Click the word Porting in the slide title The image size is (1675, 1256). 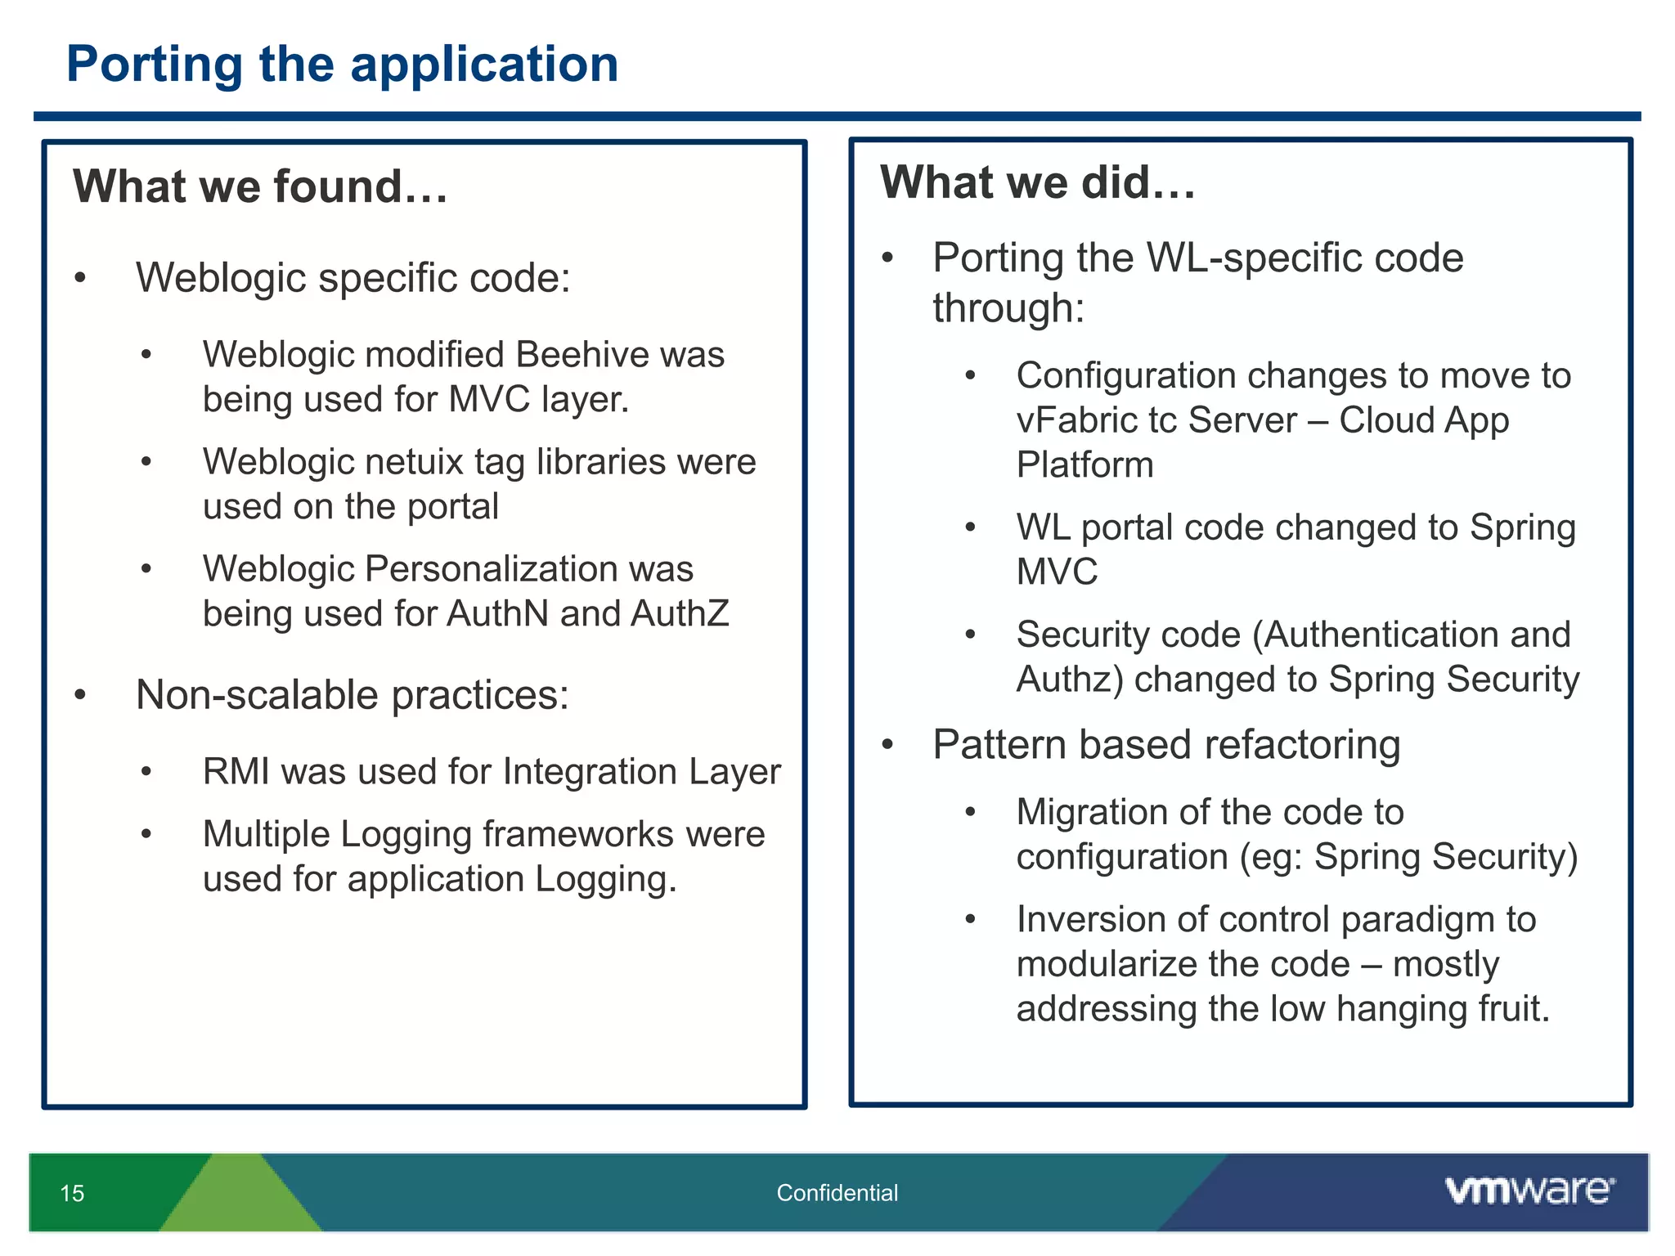tap(155, 65)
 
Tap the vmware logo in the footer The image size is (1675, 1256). tap(1529, 1190)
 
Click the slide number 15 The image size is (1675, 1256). tap(72, 1193)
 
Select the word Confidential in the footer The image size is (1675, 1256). tap(837, 1193)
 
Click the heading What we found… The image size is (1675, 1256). tap(260, 186)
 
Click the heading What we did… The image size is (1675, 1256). tap(1037, 182)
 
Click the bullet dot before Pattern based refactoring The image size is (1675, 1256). tap(887, 745)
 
